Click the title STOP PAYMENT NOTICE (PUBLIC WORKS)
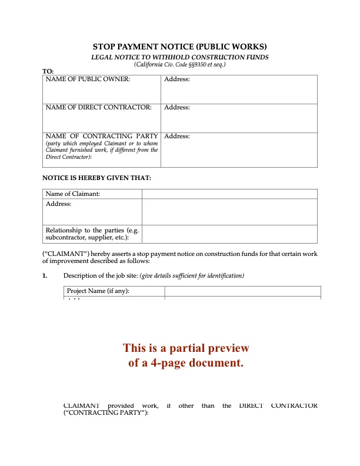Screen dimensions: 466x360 (x=180, y=46)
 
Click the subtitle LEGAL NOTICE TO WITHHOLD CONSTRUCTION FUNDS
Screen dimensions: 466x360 (x=180, y=57)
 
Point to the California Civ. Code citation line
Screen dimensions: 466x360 (x=180, y=64)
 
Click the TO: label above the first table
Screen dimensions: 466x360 (x=48, y=71)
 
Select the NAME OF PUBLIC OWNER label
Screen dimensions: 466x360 (x=88, y=79)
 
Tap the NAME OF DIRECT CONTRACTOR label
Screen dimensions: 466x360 (x=98, y=108)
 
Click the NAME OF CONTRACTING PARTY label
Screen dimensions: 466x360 (x=102, y=136)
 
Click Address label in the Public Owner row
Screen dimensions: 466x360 (x=177, y=79)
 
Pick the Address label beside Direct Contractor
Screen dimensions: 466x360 (x=177, y=108)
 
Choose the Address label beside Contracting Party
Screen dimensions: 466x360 (x=177, y=136)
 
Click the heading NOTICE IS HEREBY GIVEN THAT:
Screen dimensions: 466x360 (x=97, y=177)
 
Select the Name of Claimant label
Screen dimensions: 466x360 (x=73, y=194)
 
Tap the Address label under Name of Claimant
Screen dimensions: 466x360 (x=58, y=204)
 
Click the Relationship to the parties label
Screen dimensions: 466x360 (x=92, y=234)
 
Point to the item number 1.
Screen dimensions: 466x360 (x=45, y=275)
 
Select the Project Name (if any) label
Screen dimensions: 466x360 (x=98, y=291)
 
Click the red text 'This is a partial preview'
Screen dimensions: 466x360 (x=186, y=348)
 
